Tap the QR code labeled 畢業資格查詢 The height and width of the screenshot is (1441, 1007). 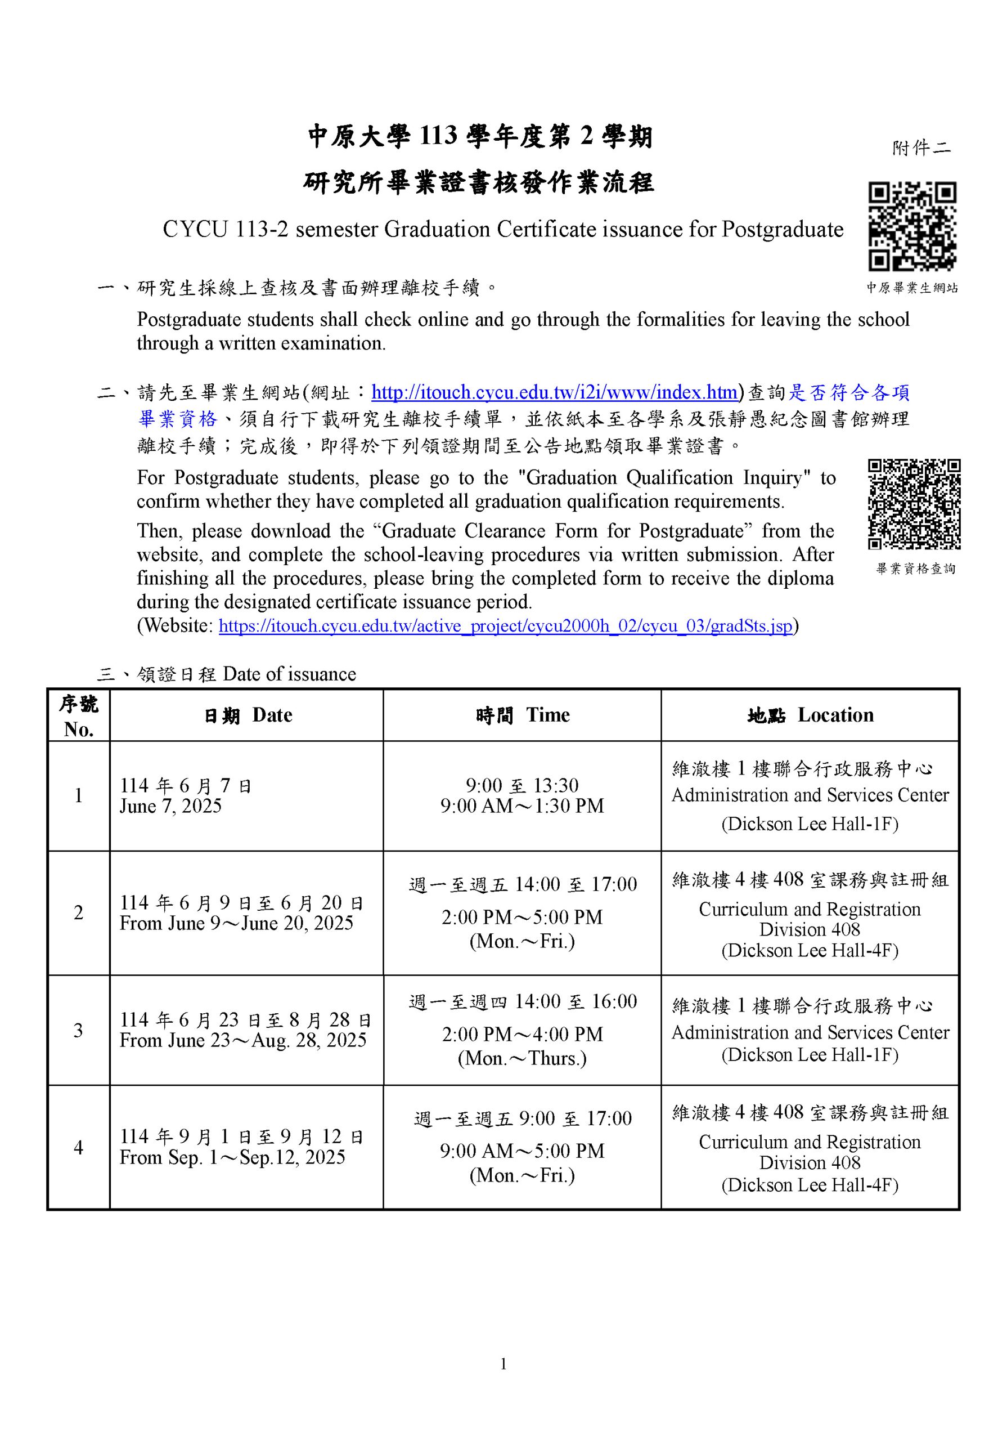click(914, 504)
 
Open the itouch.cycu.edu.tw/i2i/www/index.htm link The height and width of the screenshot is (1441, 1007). click(554, 393)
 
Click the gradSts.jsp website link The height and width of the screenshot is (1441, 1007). click(505, 626)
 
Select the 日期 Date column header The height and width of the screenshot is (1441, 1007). click(247, 715)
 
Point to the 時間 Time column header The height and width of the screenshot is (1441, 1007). click(522, 715)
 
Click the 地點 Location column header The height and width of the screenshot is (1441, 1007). click(810, 715)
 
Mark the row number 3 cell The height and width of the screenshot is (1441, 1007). click(78, 1030)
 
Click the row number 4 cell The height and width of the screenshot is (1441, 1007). click(78, 1147)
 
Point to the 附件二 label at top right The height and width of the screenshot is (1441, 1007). click(921, 148)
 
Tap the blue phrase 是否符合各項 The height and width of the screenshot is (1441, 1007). click(848, 393)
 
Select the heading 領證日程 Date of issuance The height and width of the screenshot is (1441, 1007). click(246, 674)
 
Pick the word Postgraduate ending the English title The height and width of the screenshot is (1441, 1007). click(782, 230)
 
